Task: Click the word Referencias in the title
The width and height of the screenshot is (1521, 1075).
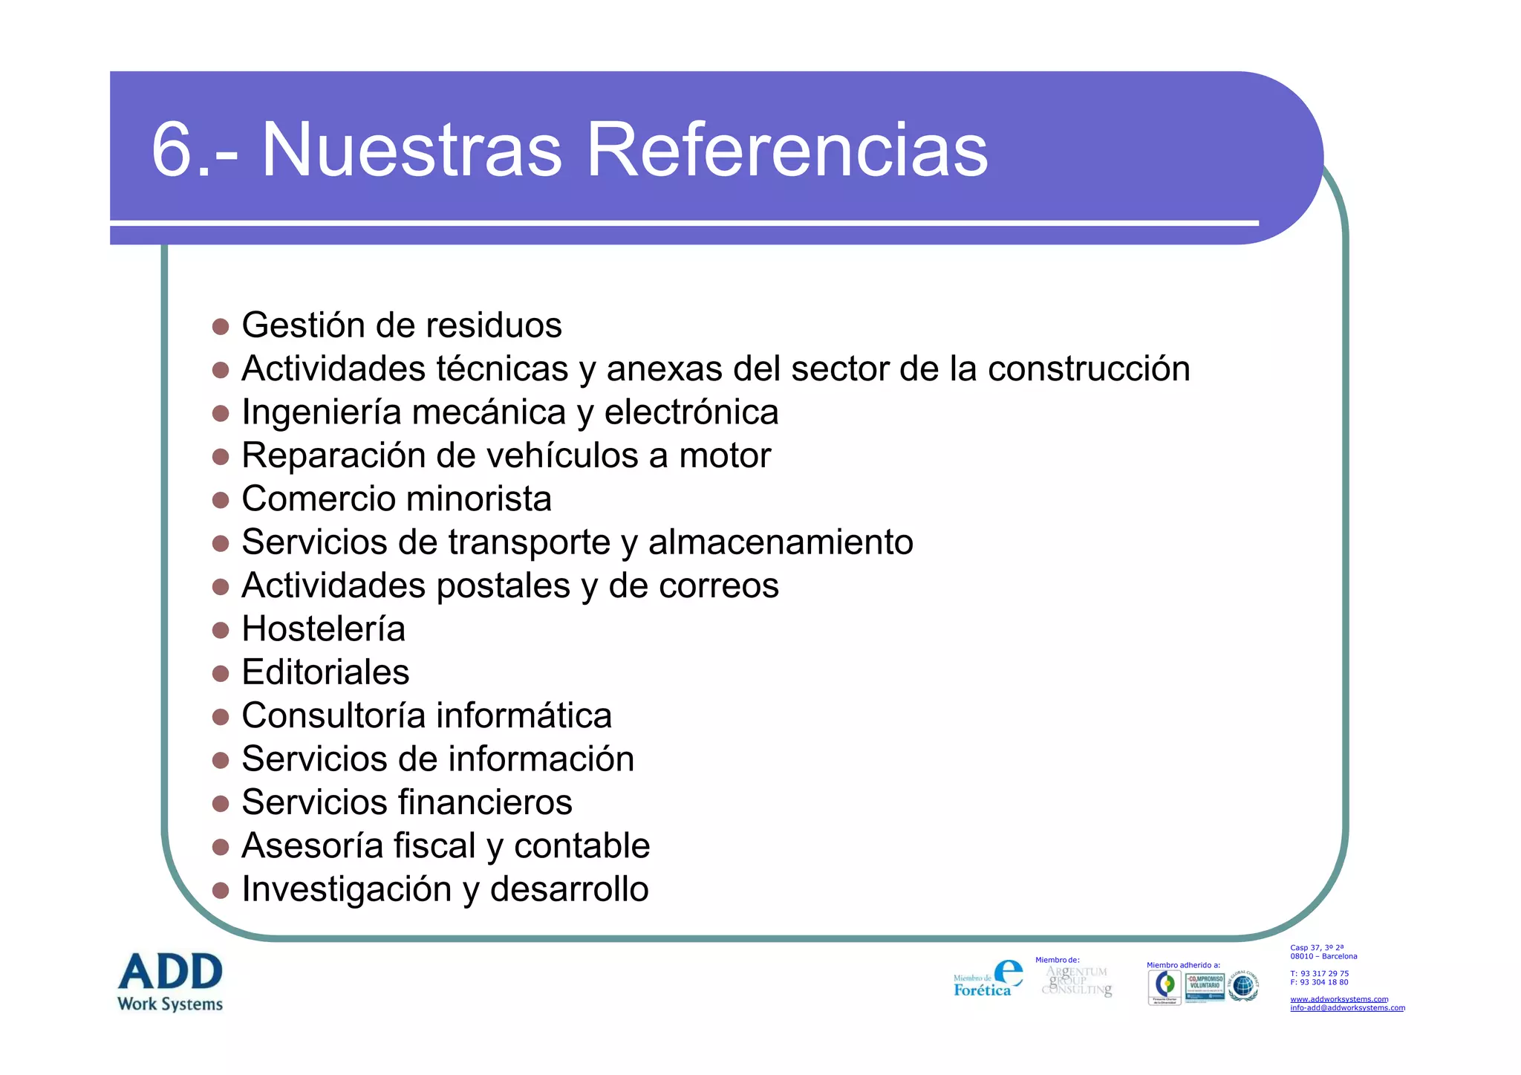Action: coord(786,151)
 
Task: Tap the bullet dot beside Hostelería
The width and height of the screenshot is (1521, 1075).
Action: coord(221,631)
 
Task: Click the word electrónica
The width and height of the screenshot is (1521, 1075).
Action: coord(691,412)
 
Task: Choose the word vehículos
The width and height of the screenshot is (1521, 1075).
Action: coord(542,455)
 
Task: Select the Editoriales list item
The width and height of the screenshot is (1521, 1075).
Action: coord(325,672)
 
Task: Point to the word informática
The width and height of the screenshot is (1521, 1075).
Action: coord(524,716)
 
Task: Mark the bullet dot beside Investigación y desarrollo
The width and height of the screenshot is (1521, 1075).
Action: coord(221,891)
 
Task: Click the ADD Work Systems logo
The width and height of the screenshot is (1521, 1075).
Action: coord(170,981)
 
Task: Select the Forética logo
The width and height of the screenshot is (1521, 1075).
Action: coord(988,979)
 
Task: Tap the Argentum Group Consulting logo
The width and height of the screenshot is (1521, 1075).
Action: coord(1077,981)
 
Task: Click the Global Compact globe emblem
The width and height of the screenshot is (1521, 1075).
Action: coord(1243,987)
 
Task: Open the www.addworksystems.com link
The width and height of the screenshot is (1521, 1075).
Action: coord(1338,999)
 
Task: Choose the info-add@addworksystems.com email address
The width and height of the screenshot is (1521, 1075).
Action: coord(1347,1008)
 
